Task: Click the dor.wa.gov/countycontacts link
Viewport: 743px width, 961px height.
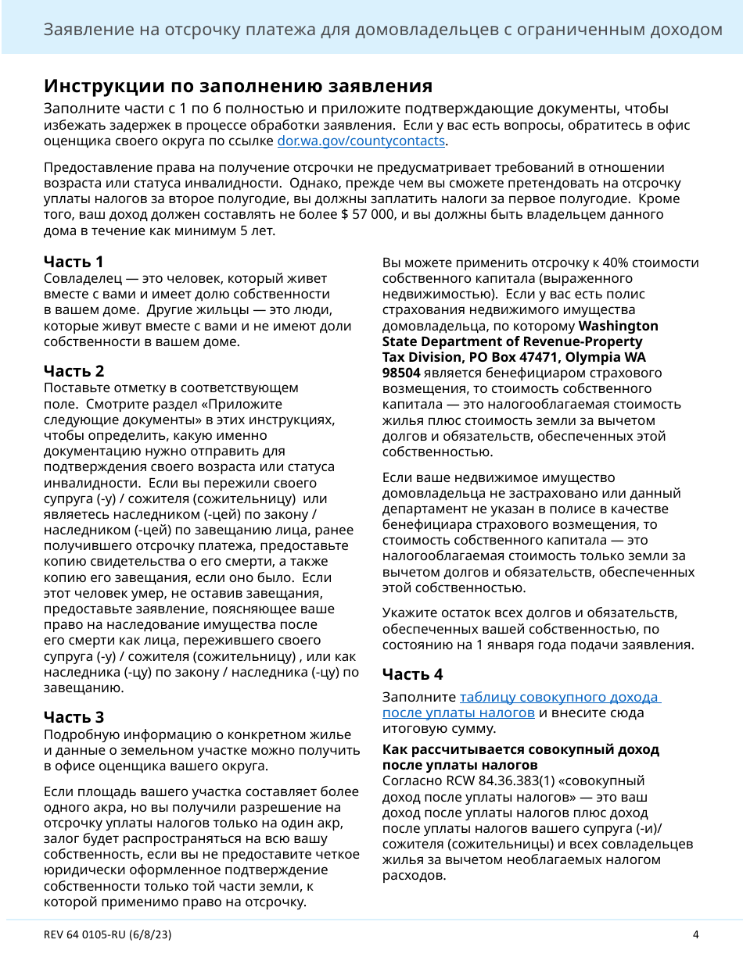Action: pos(361,141)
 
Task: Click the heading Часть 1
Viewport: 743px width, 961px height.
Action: pos(74,262)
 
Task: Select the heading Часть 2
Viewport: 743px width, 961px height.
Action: pos(74,370)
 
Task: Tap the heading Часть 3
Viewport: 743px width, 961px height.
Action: pos(74,716)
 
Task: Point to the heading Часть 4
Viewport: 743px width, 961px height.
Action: pos(412,673)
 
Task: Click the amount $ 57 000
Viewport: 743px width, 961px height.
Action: pos(368,215)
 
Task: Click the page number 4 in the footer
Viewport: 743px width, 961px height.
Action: pos(695,934)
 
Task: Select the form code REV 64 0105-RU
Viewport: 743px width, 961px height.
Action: pos(92,934)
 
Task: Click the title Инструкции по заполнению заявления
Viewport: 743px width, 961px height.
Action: pos(238,85)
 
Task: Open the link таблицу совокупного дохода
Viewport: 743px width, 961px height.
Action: pos(560,697)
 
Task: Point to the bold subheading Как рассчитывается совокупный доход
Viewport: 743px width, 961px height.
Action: pos(520,749)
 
